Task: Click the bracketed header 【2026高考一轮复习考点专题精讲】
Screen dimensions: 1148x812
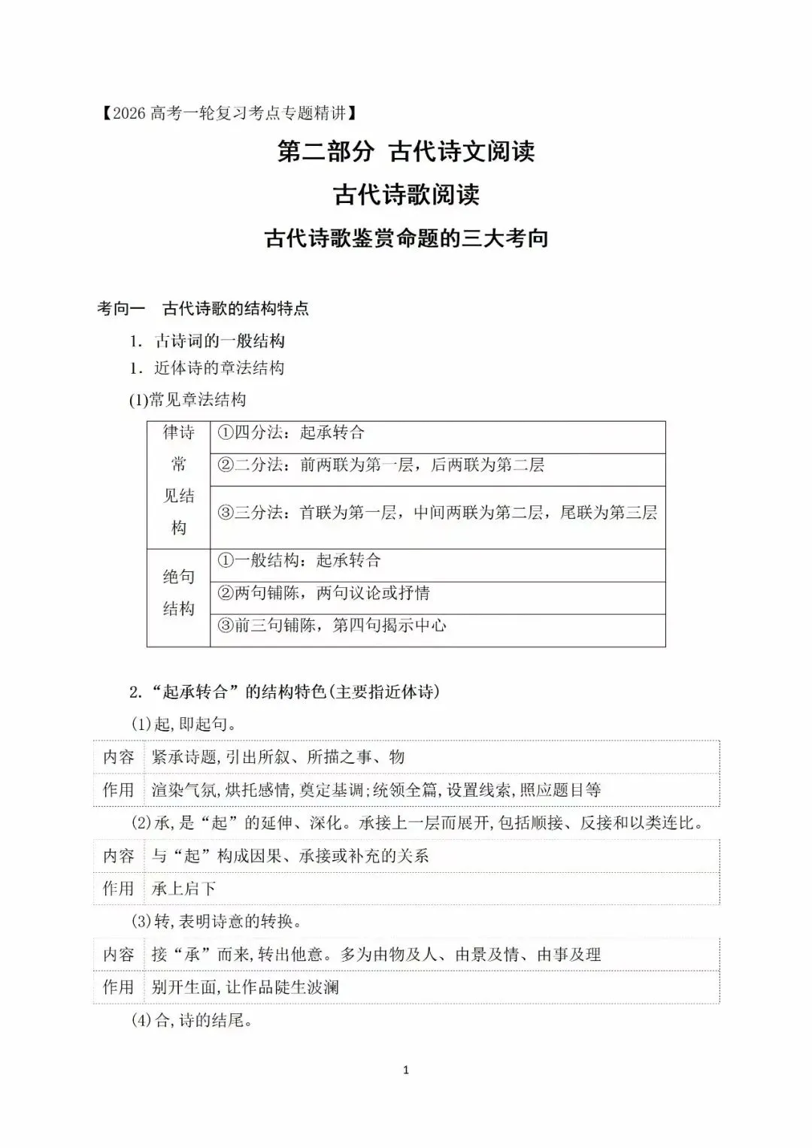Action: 226,114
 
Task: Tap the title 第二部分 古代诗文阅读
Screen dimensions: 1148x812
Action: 406,152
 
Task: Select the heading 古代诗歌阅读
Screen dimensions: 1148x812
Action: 406,195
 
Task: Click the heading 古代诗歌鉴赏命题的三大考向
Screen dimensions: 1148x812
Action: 406,239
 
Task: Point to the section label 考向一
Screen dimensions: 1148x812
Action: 121,308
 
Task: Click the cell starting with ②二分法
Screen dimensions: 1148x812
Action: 380,465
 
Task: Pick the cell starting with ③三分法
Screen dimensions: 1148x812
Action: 437,513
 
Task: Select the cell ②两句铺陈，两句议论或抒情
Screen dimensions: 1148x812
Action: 323,594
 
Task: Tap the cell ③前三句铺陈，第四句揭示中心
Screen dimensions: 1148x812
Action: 332,626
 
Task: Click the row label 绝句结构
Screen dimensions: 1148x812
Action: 178,593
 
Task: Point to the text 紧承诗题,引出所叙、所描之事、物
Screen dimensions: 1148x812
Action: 278,757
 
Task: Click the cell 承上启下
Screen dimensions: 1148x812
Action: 183,889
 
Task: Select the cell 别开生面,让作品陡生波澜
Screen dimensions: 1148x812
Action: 245,987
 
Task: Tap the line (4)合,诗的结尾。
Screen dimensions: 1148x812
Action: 192,1020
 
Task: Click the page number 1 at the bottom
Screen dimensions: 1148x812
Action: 406,1070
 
